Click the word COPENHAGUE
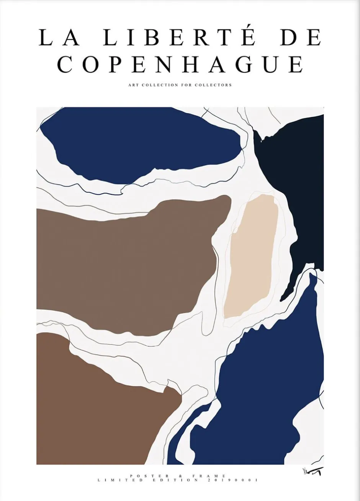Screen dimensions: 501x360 180,64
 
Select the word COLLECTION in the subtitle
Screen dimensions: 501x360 159,85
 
